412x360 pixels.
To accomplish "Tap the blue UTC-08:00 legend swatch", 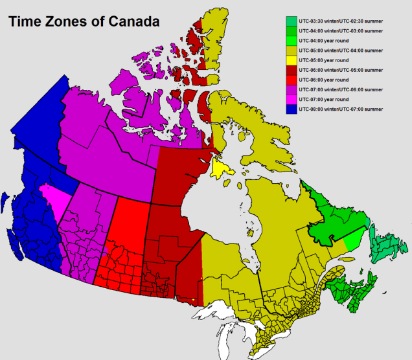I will pyautogui.click(x=292, y=109).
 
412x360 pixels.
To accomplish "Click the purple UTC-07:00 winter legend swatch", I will pyautogui.click(x=292, y=89).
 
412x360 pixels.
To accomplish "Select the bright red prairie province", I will pyautogui.click(x=126, y=233).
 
